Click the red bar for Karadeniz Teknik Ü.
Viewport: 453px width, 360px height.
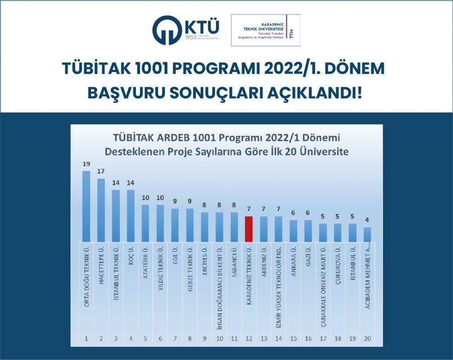coord(248,229)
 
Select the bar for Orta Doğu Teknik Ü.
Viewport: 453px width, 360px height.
coord(86,206)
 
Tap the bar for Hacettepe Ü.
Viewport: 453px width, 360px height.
coord(101,210)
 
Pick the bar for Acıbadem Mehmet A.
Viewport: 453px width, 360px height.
coord(367,234)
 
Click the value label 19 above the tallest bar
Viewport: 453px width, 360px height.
coord(86,164)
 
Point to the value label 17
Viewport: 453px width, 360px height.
coord(101,172)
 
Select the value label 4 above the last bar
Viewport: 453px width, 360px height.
coord(367,221)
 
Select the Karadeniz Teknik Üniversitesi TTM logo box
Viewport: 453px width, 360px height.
coord(265,30)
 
